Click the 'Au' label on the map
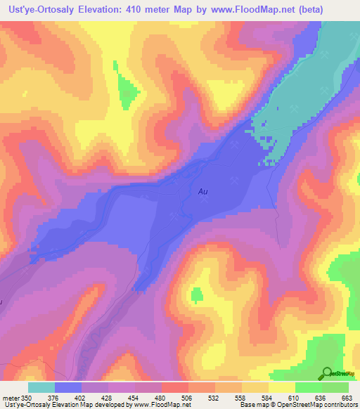(202, 190)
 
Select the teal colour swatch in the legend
(41, 387)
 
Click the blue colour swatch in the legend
(68, 387)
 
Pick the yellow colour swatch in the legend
(281, 387)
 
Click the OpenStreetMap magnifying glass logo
(328, 374)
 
